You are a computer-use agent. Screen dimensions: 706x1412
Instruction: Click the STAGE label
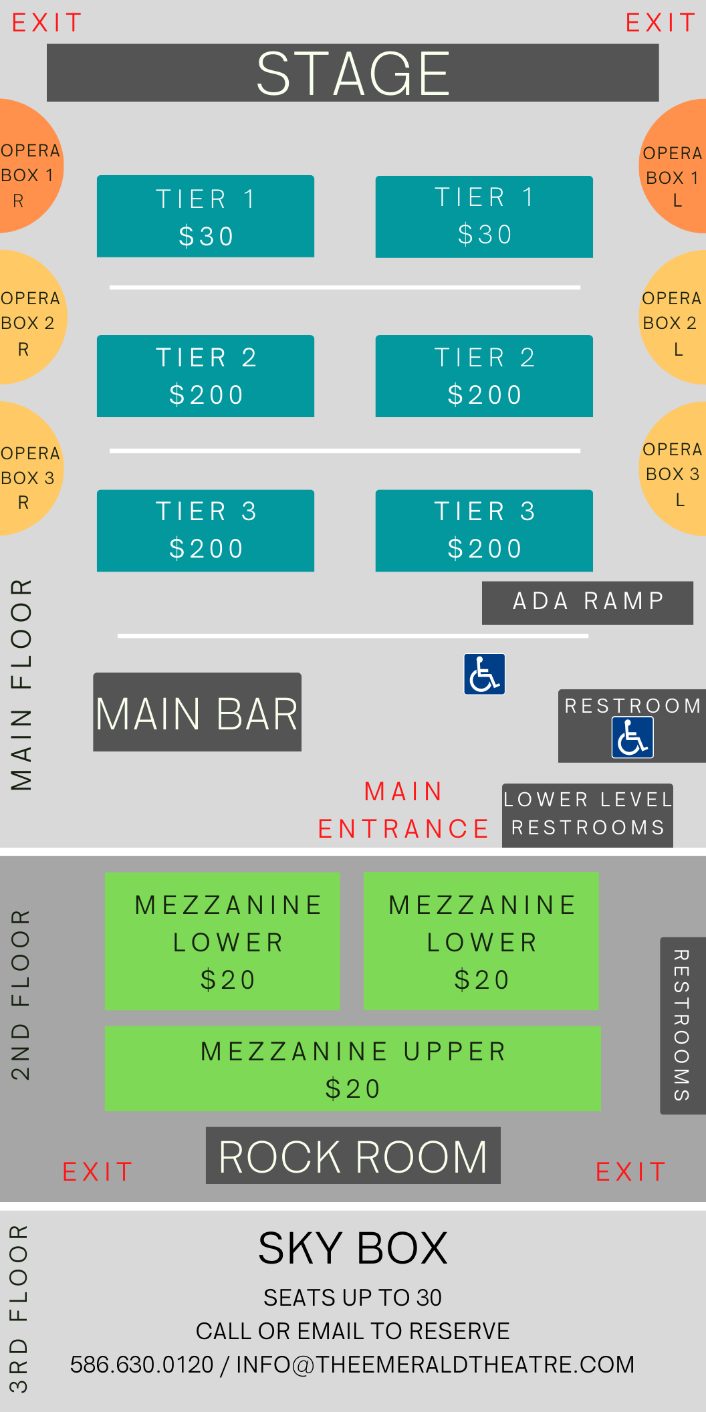tap(353, 74)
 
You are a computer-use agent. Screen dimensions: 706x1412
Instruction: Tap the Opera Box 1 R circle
tap(27, 166)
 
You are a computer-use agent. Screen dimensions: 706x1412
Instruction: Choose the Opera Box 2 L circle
tap(673, 317)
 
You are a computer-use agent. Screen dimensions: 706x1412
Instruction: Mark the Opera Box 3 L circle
tap(673, 468)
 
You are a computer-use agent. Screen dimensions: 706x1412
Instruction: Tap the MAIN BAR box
tap(197, 712)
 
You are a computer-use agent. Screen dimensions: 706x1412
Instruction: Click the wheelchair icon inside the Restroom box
tap(632, 737)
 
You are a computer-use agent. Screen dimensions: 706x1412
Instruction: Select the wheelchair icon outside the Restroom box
tap(485, 674)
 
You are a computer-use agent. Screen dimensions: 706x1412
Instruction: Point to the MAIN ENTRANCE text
tap(404, 810)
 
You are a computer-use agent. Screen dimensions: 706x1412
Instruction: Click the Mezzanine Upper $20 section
tap(353, 1068)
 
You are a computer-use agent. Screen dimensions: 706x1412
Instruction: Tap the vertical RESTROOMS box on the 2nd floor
tap(683, 1026)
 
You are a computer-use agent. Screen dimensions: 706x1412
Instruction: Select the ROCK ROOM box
tap(353, 1155)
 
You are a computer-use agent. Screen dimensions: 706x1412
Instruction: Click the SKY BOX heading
tap(353, 1248)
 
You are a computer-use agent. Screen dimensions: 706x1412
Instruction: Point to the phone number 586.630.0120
tap(142, 1365)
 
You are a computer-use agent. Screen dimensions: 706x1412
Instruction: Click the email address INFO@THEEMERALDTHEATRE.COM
tap(435, 1365)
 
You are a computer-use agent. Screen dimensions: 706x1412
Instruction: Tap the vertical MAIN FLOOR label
tap(21, 685)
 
